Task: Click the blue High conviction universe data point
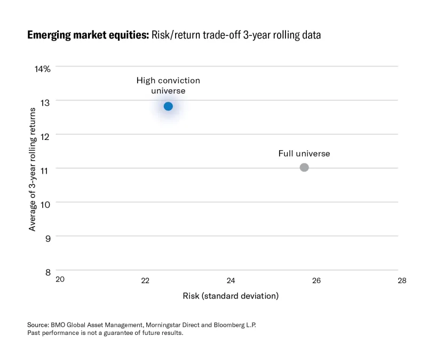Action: (x=168, y=106)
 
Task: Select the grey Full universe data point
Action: (x=304, y=167)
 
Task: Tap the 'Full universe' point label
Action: (x=304, y=154)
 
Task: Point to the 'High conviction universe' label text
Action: (x=168, y=85)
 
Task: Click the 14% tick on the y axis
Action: (x=43, y=69)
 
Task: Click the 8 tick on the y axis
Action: (x=47, y=272)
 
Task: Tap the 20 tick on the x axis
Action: (x=60, y=280)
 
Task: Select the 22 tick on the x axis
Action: (x=145, y=280)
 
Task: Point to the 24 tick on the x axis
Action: (x=231, y=280)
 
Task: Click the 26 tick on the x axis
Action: (x=316, y=280)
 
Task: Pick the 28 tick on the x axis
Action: (x=401, y=280)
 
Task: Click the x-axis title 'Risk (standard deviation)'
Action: (x=231, y=295)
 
